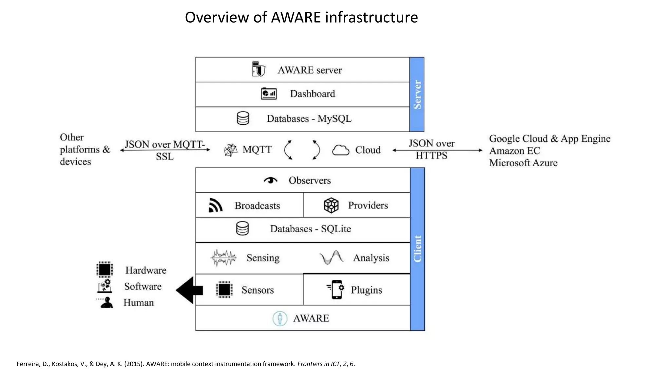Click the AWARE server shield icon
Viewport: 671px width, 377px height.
tap(259, 69)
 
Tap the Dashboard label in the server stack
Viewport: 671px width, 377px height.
tap(312, 94)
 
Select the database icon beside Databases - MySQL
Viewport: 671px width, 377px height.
tap(243, 118)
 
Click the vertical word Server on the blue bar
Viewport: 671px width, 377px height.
tap(417, 95)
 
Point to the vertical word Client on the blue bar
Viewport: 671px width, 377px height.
tap(417, 249)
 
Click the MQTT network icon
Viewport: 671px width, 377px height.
tap(231, 150)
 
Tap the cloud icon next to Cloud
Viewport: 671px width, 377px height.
tap(341, 150)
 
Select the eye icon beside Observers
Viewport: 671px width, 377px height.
tap(270, 180)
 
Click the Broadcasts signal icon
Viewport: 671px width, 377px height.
tap(215, 206)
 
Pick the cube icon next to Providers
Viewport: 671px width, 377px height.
tap(331, 206)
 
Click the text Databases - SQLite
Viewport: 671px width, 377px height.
tap(310, 229)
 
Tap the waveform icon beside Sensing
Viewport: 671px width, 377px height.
tap(223, 258)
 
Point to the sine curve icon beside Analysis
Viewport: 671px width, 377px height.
tap(331, 258)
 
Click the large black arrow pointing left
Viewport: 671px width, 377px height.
tap(189, 290)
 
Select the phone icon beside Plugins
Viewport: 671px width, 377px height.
tap(336, 290)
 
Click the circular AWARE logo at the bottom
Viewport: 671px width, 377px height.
tap(280, 318)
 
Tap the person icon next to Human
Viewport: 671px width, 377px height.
tap(106, 302)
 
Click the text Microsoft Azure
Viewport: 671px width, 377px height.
tap(523, 163)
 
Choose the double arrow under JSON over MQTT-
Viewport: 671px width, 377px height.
tap(165, 150)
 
